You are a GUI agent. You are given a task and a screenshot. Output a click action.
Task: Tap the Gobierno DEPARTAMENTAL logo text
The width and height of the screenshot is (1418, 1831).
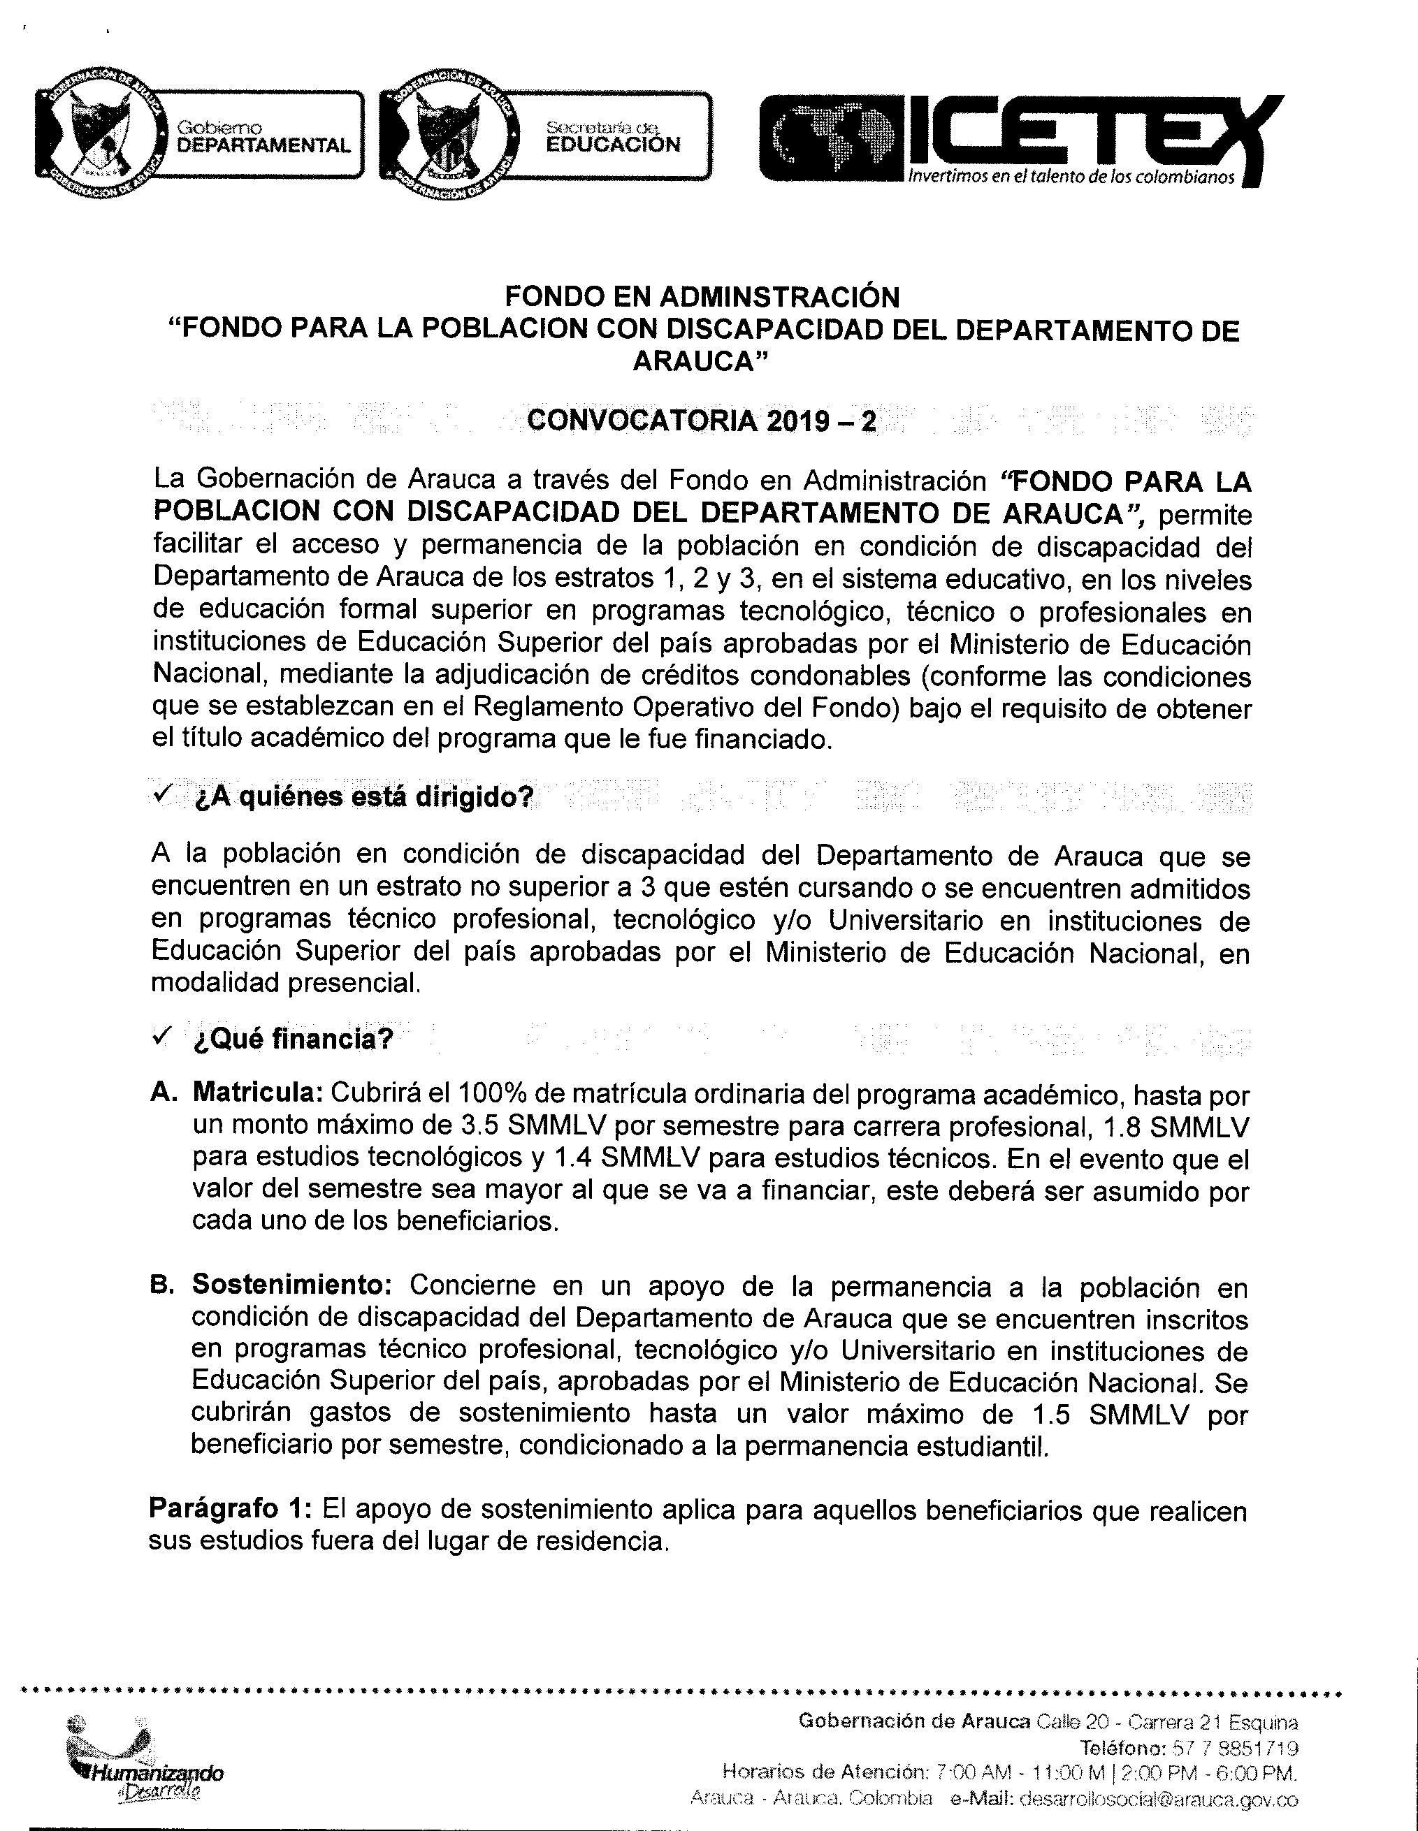click(x=263, y=137)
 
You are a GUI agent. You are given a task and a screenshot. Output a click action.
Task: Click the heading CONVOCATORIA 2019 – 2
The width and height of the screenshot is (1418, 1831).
click(x=701, y=421)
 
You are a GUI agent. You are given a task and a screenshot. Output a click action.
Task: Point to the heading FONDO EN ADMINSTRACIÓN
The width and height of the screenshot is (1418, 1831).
click(x=701, y=296)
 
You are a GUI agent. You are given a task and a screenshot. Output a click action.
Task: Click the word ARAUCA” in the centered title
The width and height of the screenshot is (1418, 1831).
click(x=701, y=360)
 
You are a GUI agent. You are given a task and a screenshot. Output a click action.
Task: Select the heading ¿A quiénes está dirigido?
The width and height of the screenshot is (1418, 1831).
click(x=363, y=796)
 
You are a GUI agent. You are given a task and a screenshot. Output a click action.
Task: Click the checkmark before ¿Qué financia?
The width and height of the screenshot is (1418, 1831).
click(x=160, y=1038)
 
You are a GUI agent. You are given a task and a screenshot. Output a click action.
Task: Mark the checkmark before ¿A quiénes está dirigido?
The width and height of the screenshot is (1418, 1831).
click(x=160, y=793)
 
